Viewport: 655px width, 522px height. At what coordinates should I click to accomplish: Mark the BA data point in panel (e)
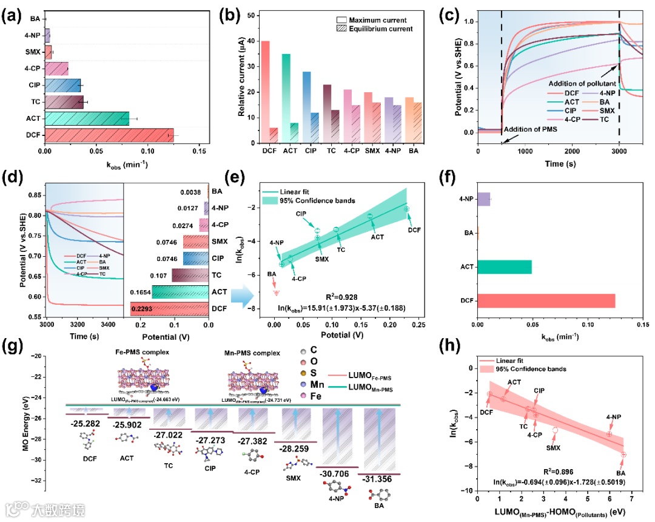coord(277,293)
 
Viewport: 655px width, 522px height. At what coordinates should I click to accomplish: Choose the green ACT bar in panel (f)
coord(505,266)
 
